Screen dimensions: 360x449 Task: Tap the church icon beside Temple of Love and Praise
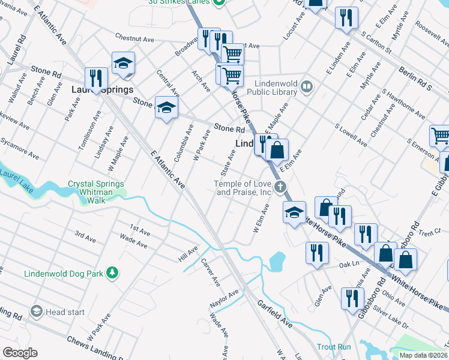click(x=280, y=187)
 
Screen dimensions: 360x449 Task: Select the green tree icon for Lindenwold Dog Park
click(x=112, y=274)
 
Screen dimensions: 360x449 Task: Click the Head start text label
click(x=64, y=312)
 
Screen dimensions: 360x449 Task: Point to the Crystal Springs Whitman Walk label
click(x=95, y=187)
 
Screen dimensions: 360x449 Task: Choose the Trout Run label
click(x=334, y=347)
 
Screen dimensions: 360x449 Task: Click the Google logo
click(x=20, y=353)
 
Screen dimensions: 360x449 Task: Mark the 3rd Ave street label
click(x=85, y=238)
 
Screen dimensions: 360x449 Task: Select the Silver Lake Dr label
click(x=390, y=316)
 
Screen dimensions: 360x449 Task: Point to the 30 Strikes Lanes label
click(x=181, y=2)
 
